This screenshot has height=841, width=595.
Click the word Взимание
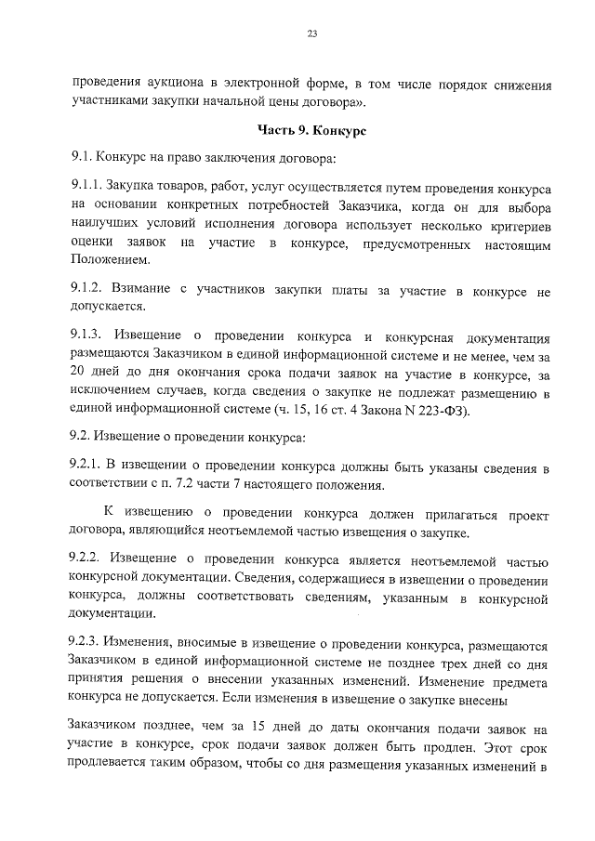pos(144,292)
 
